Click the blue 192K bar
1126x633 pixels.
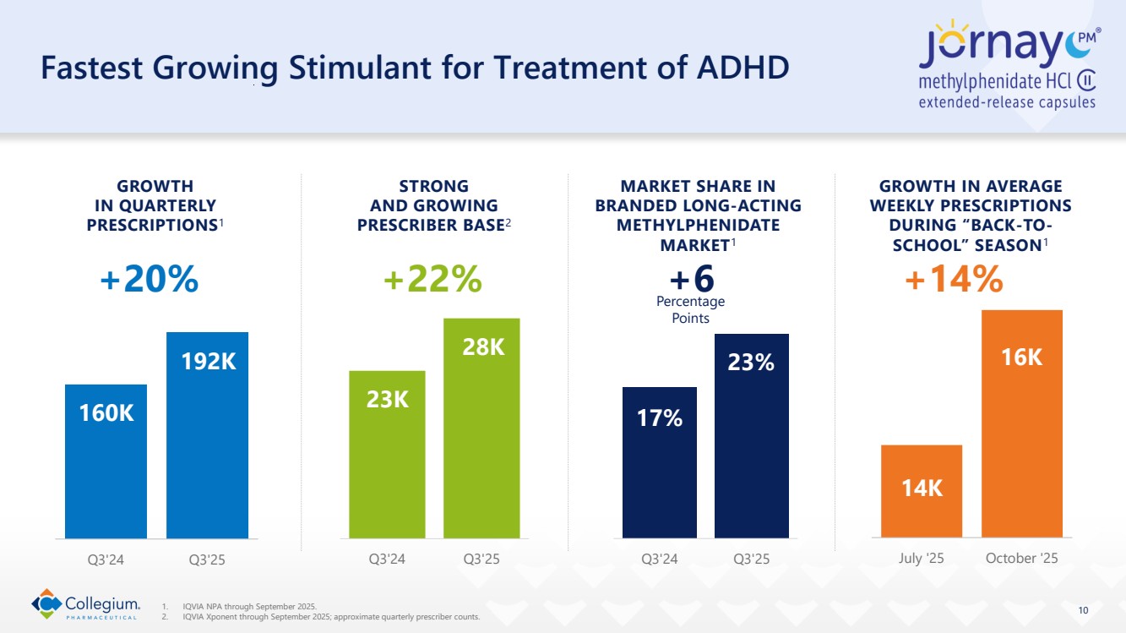point(207,434)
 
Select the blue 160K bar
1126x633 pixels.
point(106,461)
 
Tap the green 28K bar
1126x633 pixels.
point(481,428)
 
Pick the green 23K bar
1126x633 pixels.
point(387,454)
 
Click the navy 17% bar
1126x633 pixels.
point(660,461)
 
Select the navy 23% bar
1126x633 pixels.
point(751,435)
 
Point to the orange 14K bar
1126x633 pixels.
point(921,490)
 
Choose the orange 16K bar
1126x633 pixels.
point(1021,423)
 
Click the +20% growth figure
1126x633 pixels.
point(149,279)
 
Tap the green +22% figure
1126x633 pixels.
point(432,279)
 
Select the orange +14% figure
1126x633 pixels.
point(954,279)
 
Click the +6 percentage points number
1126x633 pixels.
point(691,279)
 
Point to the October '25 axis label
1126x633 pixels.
point(1021,559)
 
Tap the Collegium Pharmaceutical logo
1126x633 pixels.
point(85,604)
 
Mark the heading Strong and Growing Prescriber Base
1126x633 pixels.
point(433,205)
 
